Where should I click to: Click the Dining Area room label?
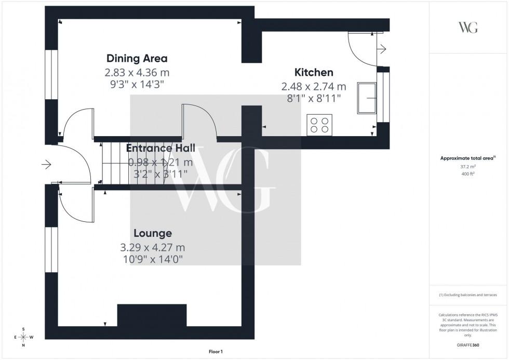pyautogui.click(x=137, y=58)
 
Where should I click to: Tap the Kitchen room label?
pyautogui.click(x=314, y=72)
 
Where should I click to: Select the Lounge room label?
pyautogui.click(x=152, y=233)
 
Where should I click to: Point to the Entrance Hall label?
pyautogui.click(x=160, y=148)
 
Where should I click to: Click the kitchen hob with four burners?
pyautogui.click(x=319, y=125)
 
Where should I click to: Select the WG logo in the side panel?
pyautogui.click(x=468, y=28)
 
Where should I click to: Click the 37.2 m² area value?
pyautogui.click(x=468, y=167)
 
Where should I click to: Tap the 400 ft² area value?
pyautogui.click(x=468, y=174)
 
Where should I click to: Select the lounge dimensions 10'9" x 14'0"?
pyautogui.click(x=152, y=258)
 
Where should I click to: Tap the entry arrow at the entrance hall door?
pyautogui.click(x=46, y=165)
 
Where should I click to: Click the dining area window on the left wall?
pyautogui.click(x=51, y=74)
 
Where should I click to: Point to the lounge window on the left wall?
pyautogui.click(x=51, y=250)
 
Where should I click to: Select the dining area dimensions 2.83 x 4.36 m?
pyautogui.click(x=137, y=72)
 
